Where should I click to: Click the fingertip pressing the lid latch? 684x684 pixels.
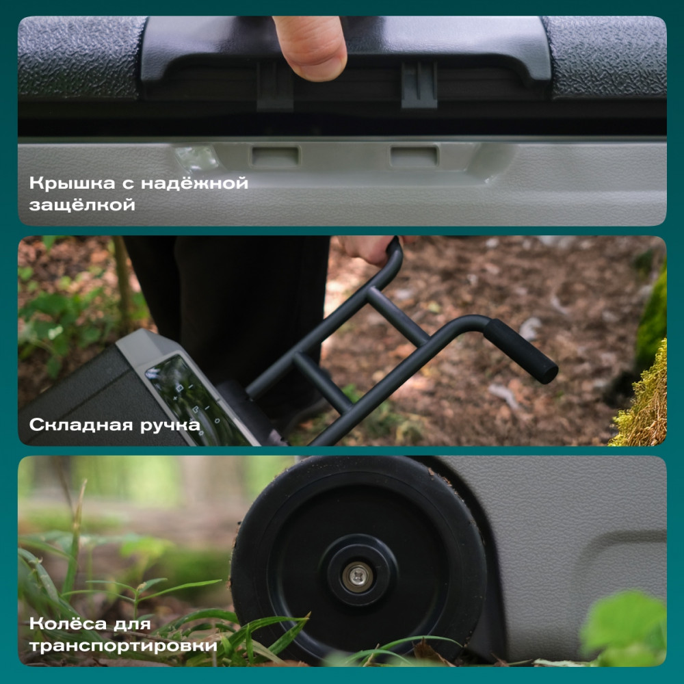[311, 48]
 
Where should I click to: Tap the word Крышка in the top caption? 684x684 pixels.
[73, 183]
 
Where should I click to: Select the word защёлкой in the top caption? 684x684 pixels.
[82, 205]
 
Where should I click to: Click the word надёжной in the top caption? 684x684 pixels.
[194, 183]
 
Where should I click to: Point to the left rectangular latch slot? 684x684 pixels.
[275, 156]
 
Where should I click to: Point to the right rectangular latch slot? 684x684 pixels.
[414, 155]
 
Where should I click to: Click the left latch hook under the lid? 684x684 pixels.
[275, 85]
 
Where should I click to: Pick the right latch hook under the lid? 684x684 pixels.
[419, 85]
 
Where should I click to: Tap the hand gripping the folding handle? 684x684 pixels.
[365, 249]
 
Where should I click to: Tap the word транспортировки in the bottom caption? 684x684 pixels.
[123, 646]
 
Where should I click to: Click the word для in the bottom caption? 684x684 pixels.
[132, 624]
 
